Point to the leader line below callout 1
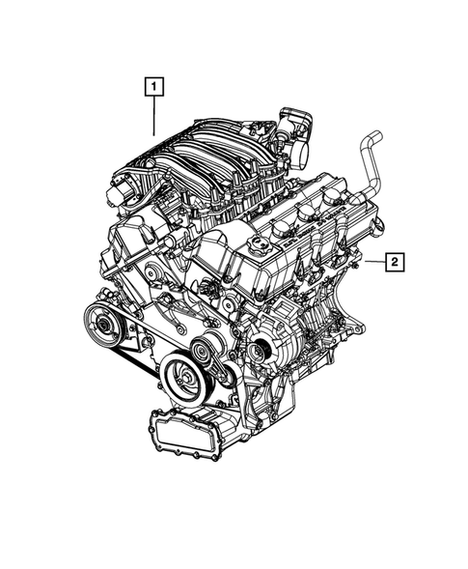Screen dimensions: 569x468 (153, 117)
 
